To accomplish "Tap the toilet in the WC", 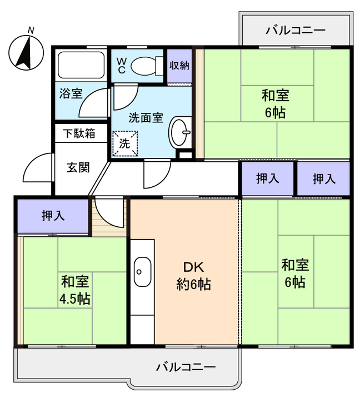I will (146, 66).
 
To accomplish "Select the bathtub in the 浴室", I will (81, 67).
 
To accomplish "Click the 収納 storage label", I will (179, 65).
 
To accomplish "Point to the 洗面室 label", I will (146, 118).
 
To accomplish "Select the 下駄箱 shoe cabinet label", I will (78, 133).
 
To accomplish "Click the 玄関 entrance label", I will (78, 167).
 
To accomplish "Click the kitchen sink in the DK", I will (143, 272).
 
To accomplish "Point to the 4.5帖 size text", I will (75, 299).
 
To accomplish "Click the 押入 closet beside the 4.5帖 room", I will (53, 216).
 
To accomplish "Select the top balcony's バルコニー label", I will (296, 30).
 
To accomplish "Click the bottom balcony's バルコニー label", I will (186, 367).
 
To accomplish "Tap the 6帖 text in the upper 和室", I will (275, 112).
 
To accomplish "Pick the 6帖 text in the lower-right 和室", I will (294, 282).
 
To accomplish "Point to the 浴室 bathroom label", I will (70, 93).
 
